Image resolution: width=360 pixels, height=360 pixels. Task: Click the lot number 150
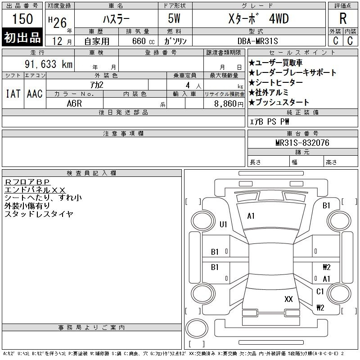(x=22, y=19)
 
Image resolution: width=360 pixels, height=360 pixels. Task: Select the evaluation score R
(x=343, y=19)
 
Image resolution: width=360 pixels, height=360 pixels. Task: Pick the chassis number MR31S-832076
(x=302, y=143)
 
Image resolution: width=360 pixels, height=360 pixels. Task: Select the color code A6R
(x=74, y=103)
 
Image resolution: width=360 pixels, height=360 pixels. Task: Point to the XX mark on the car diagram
(x=289, y=299)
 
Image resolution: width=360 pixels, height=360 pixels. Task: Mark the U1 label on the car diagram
(x=223, y=225)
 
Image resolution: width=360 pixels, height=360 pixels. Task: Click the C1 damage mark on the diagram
(x=320, y=292)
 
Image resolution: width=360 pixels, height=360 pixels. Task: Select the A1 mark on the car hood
(x=251, y=216)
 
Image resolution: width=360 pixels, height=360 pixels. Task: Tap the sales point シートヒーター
(x=275, y=82)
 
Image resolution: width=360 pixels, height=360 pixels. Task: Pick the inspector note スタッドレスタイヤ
(x=39, y=214)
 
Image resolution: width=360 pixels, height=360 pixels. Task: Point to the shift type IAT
(x=13, y=94)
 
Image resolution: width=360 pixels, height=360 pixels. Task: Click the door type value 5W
(x=175, y=19)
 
